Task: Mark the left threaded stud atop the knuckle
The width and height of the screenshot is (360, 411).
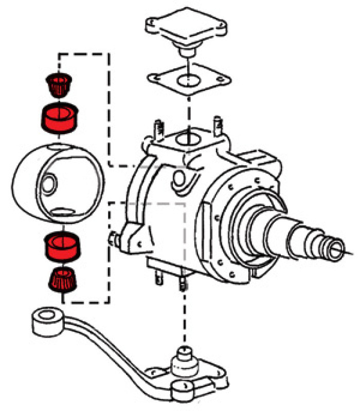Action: [156, 128]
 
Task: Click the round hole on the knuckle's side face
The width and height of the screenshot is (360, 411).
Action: [179, 179]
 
